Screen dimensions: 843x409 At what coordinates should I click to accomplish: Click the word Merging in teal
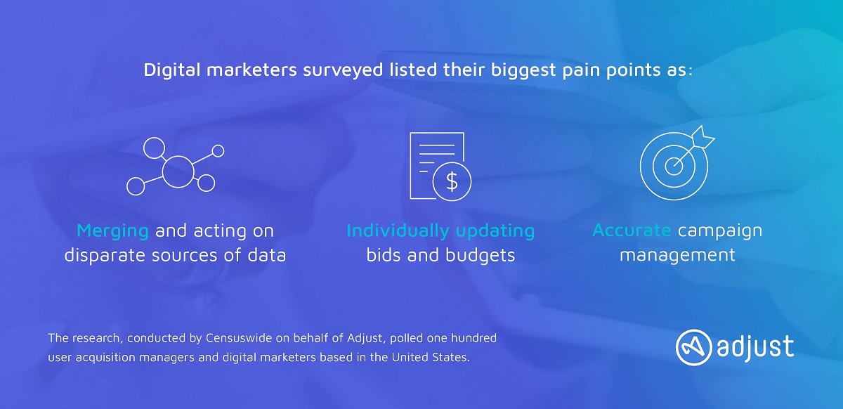[112, 232]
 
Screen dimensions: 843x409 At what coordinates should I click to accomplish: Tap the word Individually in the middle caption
[398, 232]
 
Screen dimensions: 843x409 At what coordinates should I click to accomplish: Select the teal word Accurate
[632, 230]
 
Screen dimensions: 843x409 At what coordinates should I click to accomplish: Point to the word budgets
[481, 256]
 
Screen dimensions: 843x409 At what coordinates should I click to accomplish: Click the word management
[677, 256]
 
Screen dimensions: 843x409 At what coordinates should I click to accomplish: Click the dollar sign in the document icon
[452, 181]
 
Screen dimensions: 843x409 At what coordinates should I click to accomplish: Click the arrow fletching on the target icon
[703, 138]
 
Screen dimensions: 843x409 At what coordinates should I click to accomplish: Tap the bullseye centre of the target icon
[674, 166]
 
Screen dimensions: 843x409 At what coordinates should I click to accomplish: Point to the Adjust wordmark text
[755, 347]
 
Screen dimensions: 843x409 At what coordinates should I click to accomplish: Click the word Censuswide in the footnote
[239, 338]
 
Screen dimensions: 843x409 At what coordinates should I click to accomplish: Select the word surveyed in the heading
[343, 71]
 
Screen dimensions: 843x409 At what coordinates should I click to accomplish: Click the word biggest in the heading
[523, 71]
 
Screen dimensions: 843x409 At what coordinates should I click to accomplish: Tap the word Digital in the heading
[172, 70]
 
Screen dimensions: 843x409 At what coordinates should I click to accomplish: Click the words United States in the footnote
[431, 357]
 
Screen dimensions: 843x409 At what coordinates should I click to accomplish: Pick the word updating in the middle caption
[495, 232]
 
